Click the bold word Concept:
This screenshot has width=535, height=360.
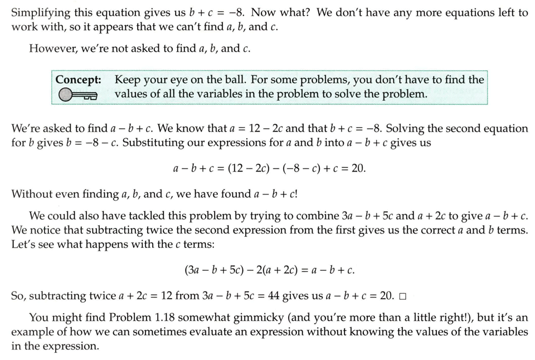coord(78,80)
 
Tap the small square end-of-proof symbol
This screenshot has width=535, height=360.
coord(403,296)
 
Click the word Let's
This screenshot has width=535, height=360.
coord(23,244)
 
